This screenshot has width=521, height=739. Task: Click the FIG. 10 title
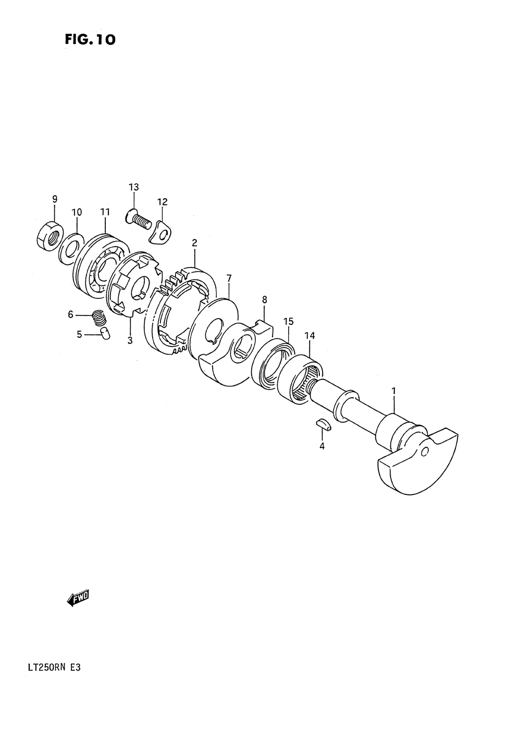pyautogui.click(x=90, y=39)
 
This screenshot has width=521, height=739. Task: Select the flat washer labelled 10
pyautogui.click(x=71, y=247)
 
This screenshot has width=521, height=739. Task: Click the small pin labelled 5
pyautogui.click(x=105, y=334)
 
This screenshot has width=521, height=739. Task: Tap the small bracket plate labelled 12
pyautogui.click(x=161, y=232)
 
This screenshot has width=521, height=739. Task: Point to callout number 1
pyautogui.click(x=394, y=391)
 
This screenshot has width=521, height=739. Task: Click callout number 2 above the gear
pyautogui.click(x=194, y=243)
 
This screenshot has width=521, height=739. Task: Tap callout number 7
pyautogui.click(x=229, y=278)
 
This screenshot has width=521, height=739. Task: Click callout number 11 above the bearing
pyautogui.click(x=105, y=212)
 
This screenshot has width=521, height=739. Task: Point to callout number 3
pyautogui.click(x=130, y=341)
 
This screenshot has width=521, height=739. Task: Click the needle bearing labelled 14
pyautogui.click(x=299, y=380)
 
